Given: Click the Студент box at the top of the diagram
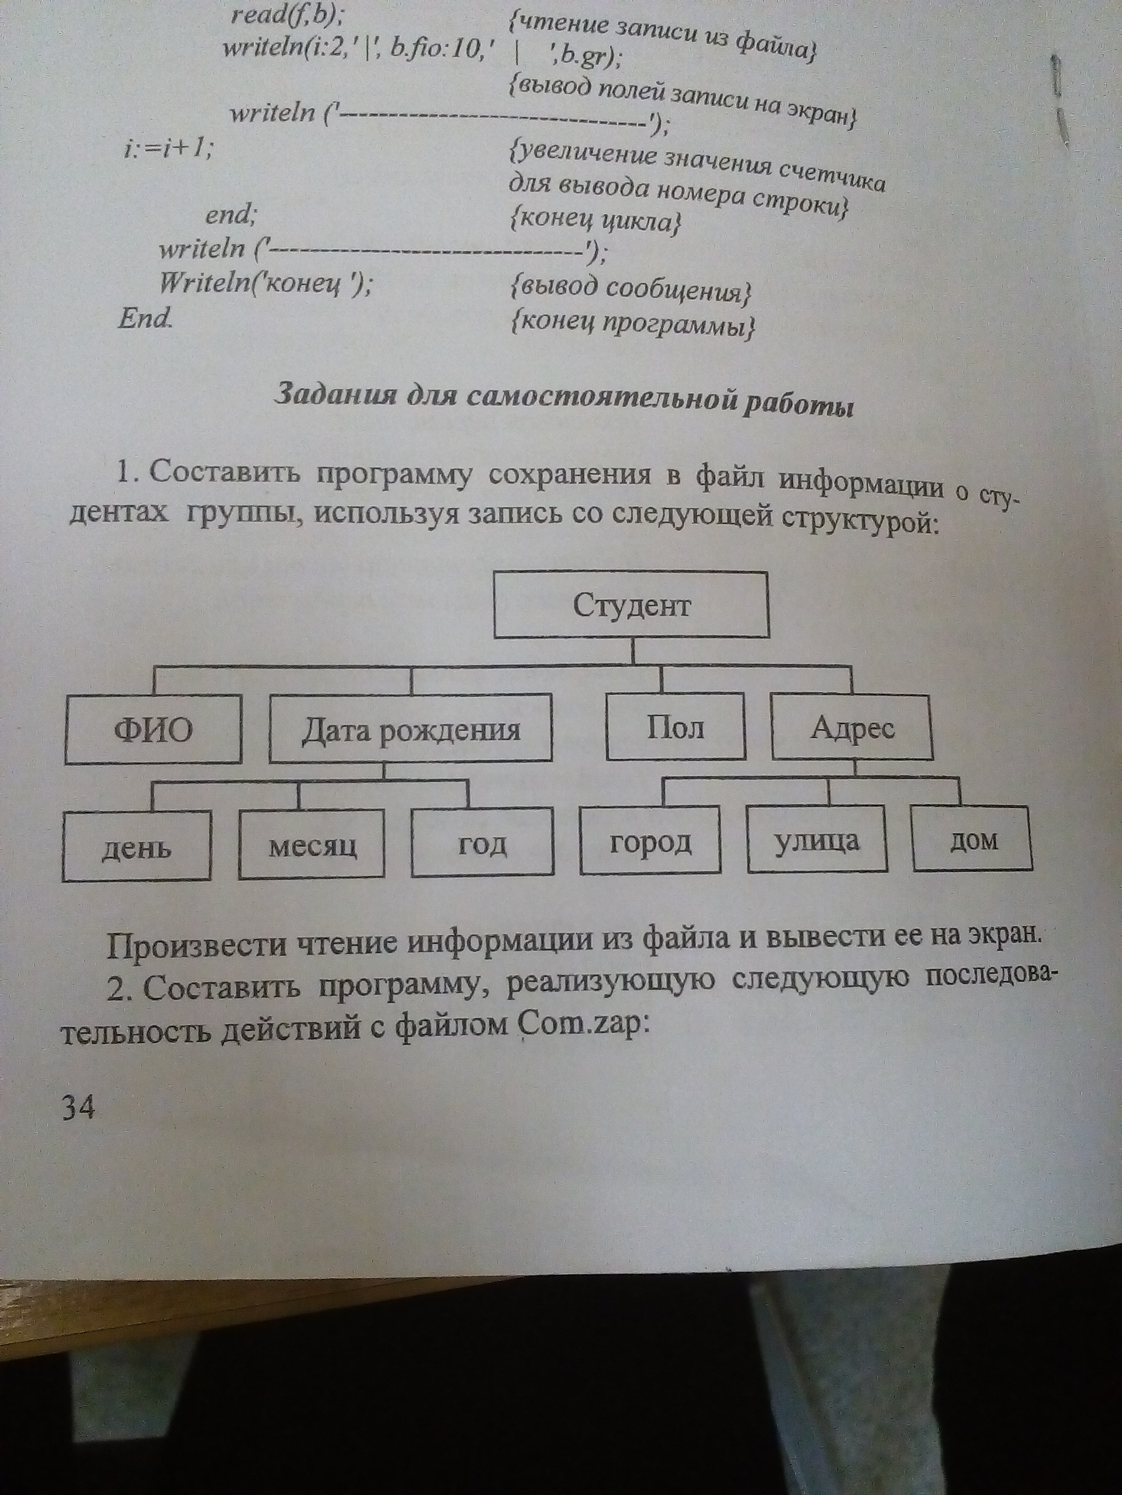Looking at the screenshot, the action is (632, 605).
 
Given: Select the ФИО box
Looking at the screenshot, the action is (154, 730).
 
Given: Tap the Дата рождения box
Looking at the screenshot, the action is (410, 729).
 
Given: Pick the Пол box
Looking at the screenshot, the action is (676, 726).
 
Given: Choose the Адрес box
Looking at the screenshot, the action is (852, 726).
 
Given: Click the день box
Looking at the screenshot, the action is (136, 846).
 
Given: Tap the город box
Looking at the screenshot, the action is (650, 840).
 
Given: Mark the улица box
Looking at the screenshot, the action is (817, 839).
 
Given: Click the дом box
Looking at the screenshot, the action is (972, 837).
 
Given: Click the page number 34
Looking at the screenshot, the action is (78, 1107).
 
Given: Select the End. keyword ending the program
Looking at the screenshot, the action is (145, 317).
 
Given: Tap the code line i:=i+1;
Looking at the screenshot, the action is (167, 148).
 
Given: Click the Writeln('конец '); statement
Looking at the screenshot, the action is (265, 284).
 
